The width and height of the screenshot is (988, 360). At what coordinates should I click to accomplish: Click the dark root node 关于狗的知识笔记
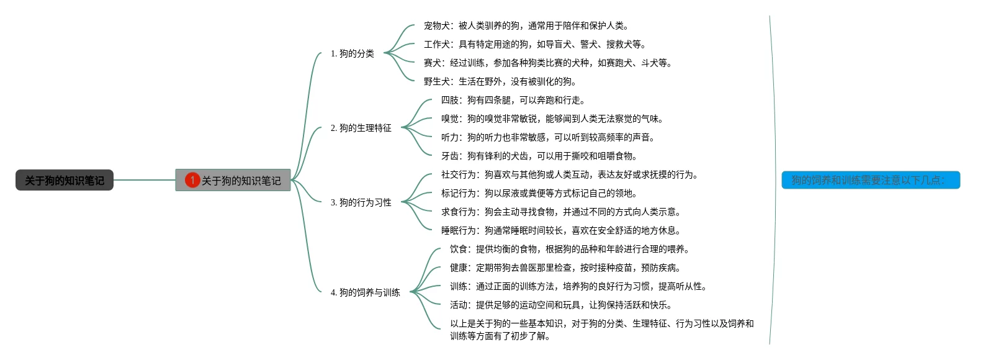65,180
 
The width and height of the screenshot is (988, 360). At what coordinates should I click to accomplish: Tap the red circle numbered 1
192,180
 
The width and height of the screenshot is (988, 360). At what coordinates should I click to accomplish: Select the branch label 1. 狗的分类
352,53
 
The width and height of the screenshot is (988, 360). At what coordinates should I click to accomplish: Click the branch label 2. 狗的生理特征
361,128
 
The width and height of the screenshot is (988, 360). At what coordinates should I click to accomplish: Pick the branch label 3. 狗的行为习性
361,202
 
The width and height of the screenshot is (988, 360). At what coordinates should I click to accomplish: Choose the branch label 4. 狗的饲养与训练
365,292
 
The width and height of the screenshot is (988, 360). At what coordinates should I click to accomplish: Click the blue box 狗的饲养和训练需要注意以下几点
871,180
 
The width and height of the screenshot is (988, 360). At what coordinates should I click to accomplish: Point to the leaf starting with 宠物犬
526,25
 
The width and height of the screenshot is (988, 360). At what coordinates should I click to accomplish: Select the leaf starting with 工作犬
535,44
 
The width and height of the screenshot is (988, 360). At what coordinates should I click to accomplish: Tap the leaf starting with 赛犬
548,63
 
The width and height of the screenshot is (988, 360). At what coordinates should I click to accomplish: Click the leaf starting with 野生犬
500,81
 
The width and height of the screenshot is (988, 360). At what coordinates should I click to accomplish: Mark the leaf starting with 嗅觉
552,119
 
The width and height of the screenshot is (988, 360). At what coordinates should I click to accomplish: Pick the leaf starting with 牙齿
539,156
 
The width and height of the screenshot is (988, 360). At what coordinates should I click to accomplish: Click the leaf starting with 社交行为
570,174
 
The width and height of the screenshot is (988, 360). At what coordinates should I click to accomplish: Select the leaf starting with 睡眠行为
561,230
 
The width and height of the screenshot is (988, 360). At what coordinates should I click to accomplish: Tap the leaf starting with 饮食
570,249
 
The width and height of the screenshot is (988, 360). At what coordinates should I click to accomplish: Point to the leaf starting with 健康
565,268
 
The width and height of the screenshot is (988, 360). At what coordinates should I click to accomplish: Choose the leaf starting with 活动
561,305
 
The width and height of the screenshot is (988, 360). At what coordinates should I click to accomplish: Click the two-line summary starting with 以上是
601,330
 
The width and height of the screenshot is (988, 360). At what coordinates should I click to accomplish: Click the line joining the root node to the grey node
145,180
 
